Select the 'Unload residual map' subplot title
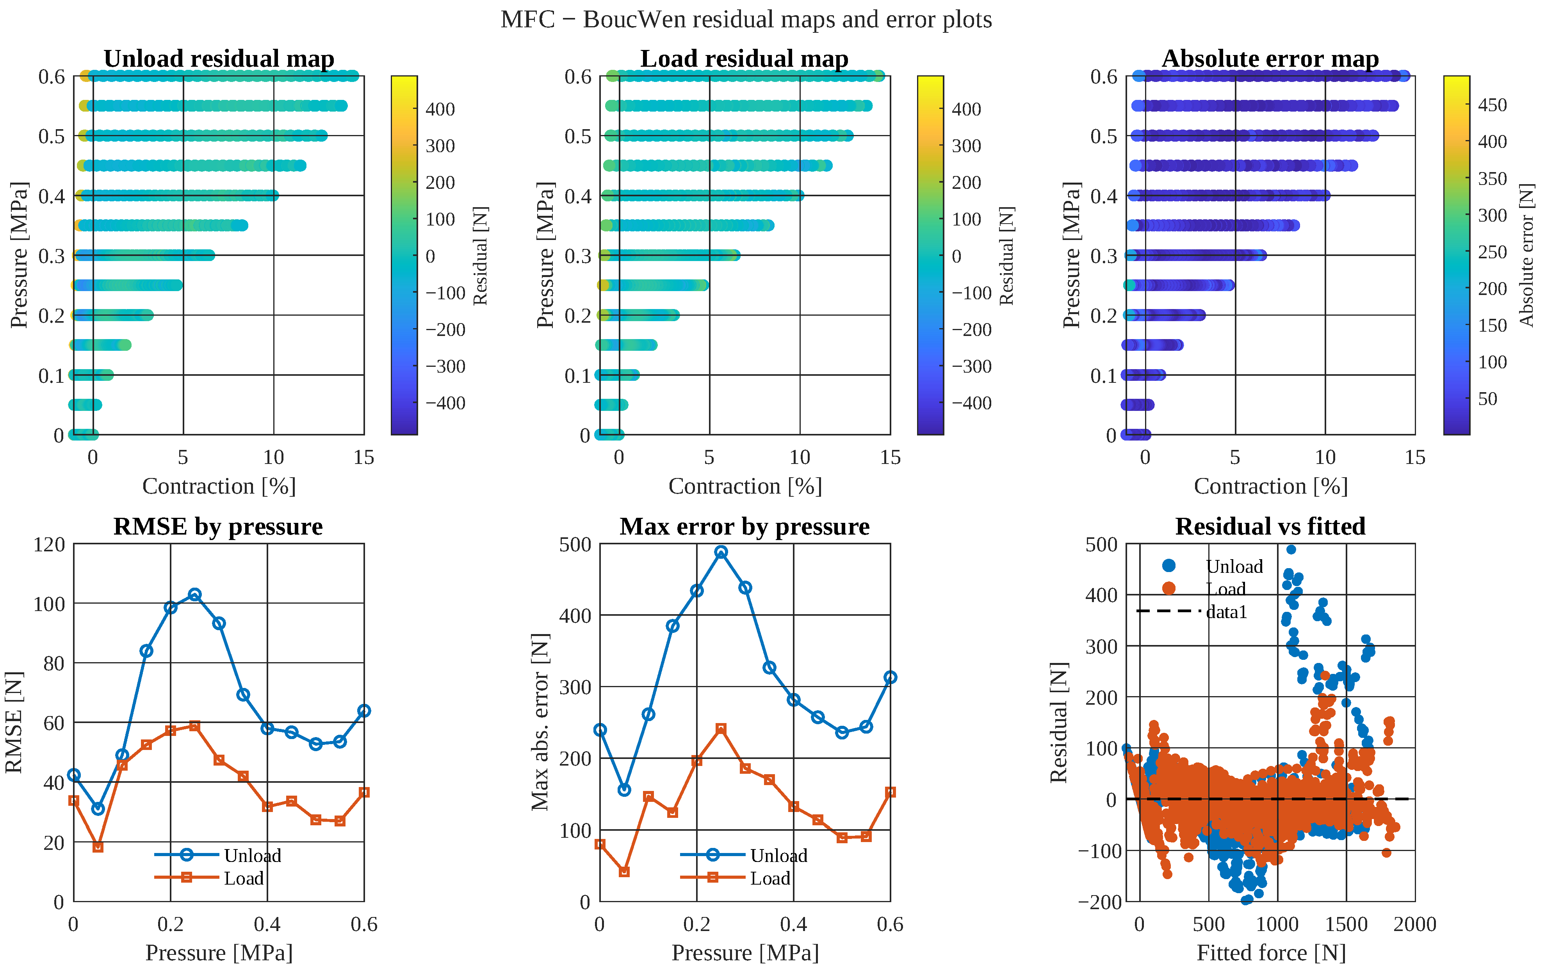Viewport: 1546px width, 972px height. click(x=219, y=59)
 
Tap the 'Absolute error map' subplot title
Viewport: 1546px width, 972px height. click(x=1271, y=59)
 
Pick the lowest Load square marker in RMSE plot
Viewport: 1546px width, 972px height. click(x=98, y=847)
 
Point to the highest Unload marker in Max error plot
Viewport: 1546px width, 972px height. click(x=721, y=552)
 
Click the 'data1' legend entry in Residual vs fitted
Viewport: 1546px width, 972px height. click(x=1192, y=611)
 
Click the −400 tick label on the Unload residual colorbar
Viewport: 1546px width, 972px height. click(x=445, y=403)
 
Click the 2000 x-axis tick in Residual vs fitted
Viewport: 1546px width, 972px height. click(x=1415, y=924)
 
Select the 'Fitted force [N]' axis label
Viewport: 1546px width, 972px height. click(x=1271, y=953)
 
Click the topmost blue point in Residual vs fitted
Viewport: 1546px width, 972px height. click(x=1291, y=549)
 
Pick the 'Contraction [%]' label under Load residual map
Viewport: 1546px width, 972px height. click(x=745, y=486)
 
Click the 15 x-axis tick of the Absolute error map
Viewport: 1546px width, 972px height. click(x=1415, y=457)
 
